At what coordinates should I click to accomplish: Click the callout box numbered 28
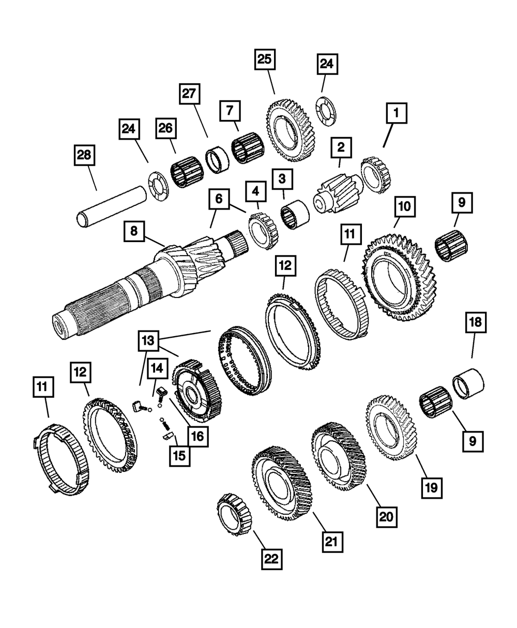(x=84, y=155)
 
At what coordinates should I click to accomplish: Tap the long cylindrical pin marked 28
(x=112, y=206)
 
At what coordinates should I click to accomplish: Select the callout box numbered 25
(x=265, y=59)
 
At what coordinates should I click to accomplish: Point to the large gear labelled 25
(x=290, y=131)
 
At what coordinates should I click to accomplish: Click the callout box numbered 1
(x=397, y=113)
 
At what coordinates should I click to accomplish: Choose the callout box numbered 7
(x=230, y=111)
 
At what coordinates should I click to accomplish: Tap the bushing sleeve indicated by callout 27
(x=217, y=160)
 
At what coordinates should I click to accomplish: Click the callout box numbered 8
(x=134, y=231)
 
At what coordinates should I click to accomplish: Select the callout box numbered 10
(x=405, y=206)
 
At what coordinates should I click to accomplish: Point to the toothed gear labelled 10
(x=400, y=277)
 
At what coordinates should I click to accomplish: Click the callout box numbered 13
(x=148, y=341)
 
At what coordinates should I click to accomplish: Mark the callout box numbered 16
(x=198, y=437)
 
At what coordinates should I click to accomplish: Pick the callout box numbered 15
(x=180, y=456)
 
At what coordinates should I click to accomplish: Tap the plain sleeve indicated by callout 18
(x=468, y=384)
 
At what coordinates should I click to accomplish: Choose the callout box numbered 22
(x=272, y=559)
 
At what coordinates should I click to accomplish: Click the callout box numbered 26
(x=166, y=128)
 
